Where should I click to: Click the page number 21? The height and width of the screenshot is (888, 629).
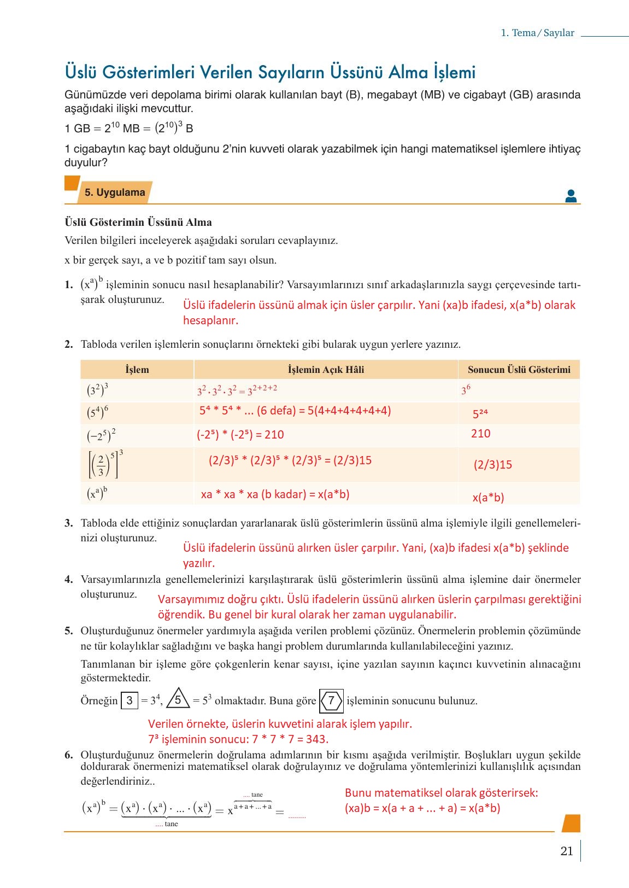click(x=566, y=851)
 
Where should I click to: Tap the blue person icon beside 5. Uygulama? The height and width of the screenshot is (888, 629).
click(x=571, y=196)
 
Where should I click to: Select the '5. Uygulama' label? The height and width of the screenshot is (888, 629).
click(x=115, y=192)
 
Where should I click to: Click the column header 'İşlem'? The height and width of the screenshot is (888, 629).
click(x=137, y=370)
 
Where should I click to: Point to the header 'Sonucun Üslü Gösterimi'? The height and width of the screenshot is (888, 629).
click(x=519, y=370)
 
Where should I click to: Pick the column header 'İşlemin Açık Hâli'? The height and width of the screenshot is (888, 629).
click(x=326, y=370)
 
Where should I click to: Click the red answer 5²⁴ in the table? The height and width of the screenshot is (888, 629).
click(x=480, y=413)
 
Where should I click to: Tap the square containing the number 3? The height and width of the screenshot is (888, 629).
click(x=130, y=700)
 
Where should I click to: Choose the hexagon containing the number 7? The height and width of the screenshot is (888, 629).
click(x=331, y=700)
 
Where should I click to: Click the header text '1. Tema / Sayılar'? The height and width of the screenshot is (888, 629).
click(x=537, y=33)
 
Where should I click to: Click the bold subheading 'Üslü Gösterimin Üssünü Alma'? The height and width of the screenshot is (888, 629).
click(x=138, y=222)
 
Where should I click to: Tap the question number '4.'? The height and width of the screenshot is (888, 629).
click(x=68, y=579)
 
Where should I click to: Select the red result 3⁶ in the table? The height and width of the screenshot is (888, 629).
click(x=466, y=390)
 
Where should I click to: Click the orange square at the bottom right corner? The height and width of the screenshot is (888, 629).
click(x=571, y=823)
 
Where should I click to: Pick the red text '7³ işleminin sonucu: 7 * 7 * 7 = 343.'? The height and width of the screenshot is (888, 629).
click(x=238, y=739)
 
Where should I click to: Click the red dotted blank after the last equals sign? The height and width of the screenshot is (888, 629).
click(x=297, y=816)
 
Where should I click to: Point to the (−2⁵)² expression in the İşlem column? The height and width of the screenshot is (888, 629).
click(x=101, y=435)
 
